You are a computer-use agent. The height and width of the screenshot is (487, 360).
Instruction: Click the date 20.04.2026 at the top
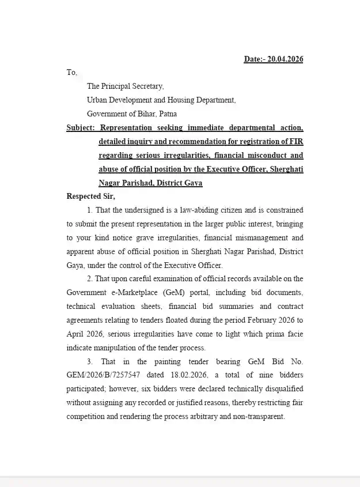coord(285,59)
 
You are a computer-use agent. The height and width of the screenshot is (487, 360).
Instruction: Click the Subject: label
coord(81,127)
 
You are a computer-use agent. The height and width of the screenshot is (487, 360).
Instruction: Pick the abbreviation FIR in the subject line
coord(296,141)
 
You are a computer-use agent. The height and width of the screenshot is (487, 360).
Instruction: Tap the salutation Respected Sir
coord(90,196)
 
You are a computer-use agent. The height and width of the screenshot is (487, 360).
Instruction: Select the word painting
coord(166,361)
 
